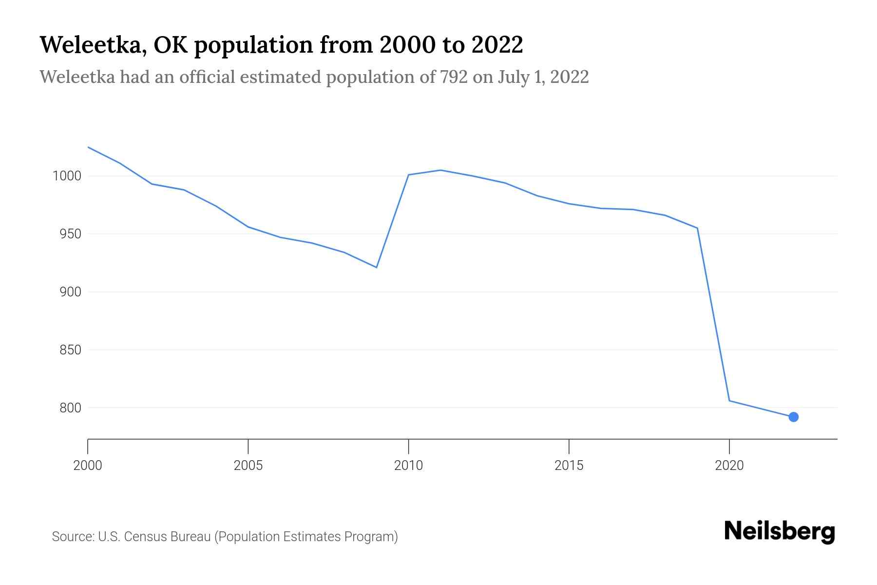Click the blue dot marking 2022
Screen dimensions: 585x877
click(x=793, y=417)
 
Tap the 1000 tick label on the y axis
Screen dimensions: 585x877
click(x=67, y=176)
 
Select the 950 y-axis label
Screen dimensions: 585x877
click(x=70, y=234)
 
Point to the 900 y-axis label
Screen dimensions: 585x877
click(x=70, y=292)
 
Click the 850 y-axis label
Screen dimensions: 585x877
click(x=70, y=350)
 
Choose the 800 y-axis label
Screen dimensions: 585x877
click(x=70, y=408)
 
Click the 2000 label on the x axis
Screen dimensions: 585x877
click(x=88, y=466)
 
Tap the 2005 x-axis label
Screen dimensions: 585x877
click(x=248, y=466)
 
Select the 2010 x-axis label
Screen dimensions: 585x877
click(x=408, y=466)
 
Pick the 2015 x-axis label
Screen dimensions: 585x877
click(x=569, y=466)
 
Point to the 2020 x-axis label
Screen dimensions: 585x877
click(x=729, y=466)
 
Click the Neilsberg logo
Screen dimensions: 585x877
click(x=780, y=531)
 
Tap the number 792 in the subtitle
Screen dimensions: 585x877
click(x=454, y=77)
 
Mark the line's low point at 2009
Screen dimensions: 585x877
click(x=376, y=267)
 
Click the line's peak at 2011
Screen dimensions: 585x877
click(x=440, y=170)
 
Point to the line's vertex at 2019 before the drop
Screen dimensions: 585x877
click(x=697, y=228)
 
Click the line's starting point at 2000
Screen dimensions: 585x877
click(x=88, y=147)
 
